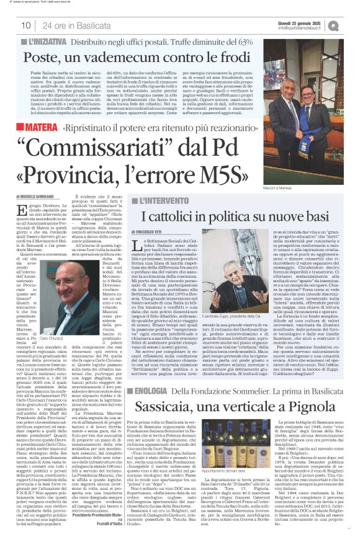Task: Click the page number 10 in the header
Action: tap(27, 25)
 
